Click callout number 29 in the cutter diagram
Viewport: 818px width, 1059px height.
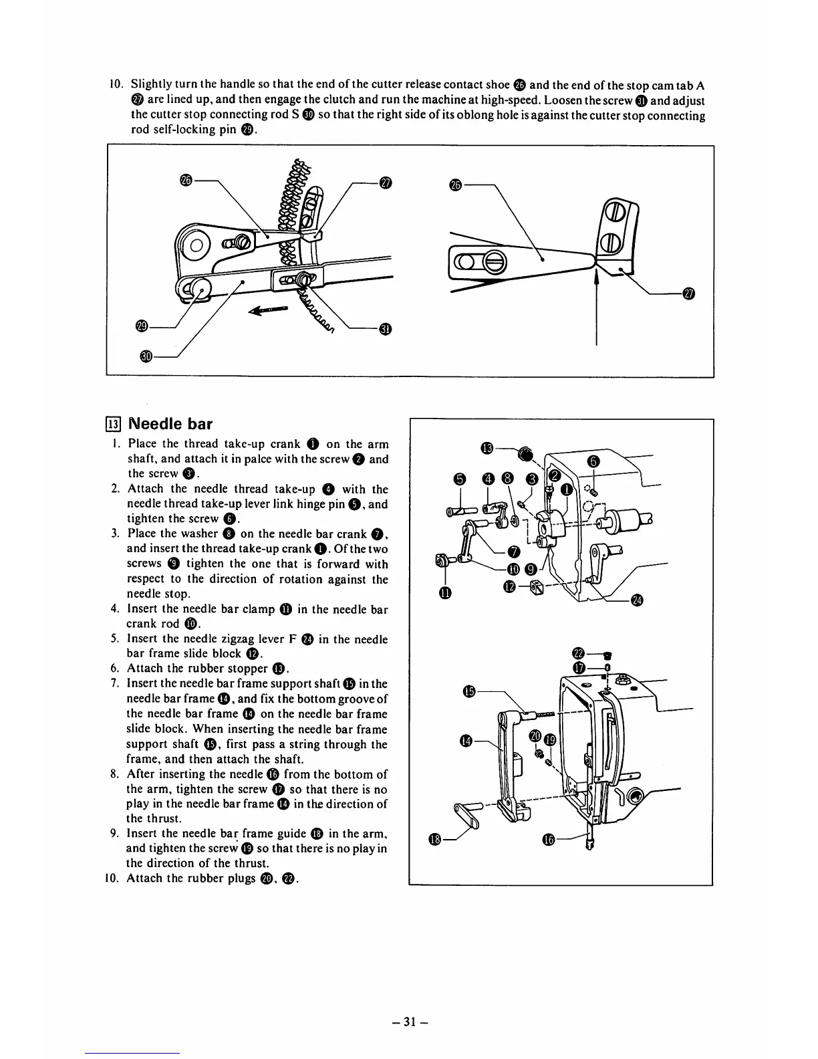[141, 326]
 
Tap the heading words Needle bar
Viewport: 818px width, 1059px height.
[170, 424]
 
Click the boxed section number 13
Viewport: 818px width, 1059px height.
[114, 424]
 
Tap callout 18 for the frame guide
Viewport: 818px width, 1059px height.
[435, 840]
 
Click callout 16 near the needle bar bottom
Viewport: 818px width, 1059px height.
[549, 840]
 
